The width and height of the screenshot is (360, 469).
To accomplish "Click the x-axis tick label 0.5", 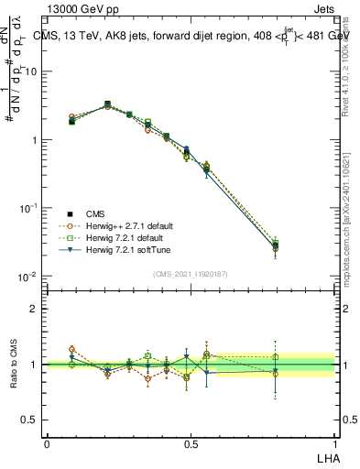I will pyautogui.click(x=191, y=443).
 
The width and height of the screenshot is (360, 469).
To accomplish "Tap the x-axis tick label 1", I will pyautogui.click(x=335, y=443).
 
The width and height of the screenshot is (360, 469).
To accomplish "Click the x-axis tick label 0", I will pyautogui.click(x=47, y=443).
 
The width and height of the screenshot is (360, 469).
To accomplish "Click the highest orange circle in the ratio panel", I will pyautogui.click(x=72, y=349).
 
